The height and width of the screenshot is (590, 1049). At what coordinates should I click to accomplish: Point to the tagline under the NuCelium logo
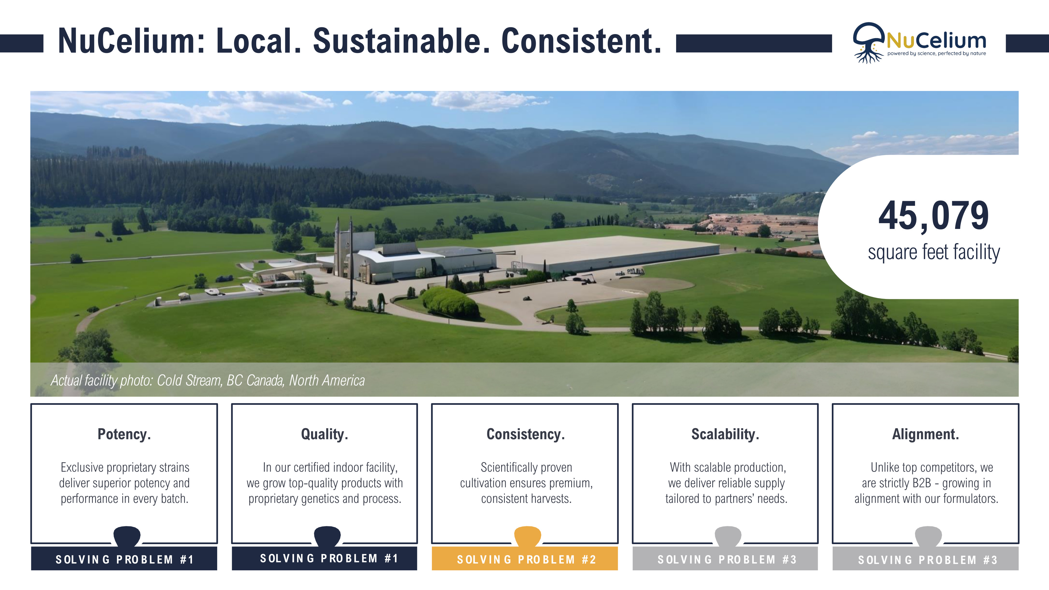tap(936, 53)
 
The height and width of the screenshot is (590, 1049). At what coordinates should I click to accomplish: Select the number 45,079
tap(933, 216)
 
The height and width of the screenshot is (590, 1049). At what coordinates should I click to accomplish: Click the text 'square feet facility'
tap(933, 253)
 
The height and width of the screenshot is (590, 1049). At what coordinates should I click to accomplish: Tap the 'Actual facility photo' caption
tap(208, 380)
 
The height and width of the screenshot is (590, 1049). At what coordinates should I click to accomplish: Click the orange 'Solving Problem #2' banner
tap(525, 559)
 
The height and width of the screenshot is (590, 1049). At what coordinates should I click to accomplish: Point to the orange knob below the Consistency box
tap(527, 535)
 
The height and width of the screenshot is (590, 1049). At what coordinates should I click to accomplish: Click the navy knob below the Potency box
tap(127, 535)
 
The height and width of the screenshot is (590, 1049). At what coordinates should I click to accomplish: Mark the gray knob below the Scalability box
tap(728, 535)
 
